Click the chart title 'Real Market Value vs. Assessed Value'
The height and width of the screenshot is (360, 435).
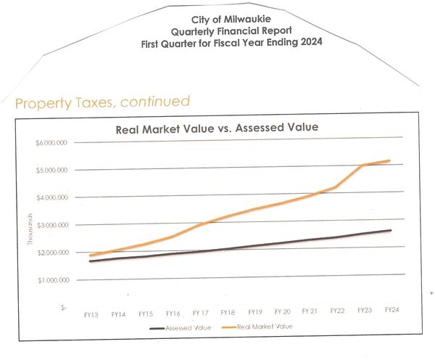click(x=218, y=128)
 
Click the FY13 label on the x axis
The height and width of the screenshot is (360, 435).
click(x=91, y=314)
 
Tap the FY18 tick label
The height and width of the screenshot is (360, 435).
click(x=228, y=312)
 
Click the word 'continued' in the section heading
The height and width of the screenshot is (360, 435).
click(x=154, y=101)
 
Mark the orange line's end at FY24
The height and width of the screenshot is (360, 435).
click(x=391, y=160)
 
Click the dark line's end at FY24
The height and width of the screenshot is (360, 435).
click(x=391, y=230)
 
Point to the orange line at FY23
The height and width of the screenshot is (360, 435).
click(x=364, y=165)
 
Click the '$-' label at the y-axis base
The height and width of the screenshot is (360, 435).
click(x=64, y=307)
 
